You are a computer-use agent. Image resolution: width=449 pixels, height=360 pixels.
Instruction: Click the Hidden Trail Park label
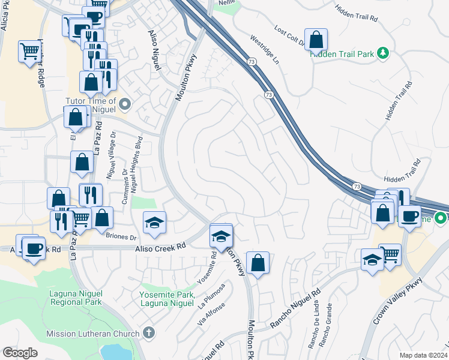[342, 54]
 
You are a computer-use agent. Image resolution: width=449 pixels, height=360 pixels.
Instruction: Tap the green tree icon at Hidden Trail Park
[383, 54]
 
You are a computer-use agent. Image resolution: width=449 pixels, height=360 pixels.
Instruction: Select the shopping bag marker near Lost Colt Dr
[316, 40]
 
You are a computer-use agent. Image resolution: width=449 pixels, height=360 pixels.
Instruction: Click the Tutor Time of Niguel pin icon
[125, 106]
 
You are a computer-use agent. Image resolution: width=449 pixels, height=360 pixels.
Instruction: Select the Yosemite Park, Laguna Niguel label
[167, 299]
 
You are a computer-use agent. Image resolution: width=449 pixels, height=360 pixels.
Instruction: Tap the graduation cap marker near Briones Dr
[155, 223]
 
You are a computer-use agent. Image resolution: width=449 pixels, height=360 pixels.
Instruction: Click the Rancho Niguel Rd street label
[295, 309]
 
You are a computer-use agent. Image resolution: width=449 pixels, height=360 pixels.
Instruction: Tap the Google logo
[20, 353]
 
